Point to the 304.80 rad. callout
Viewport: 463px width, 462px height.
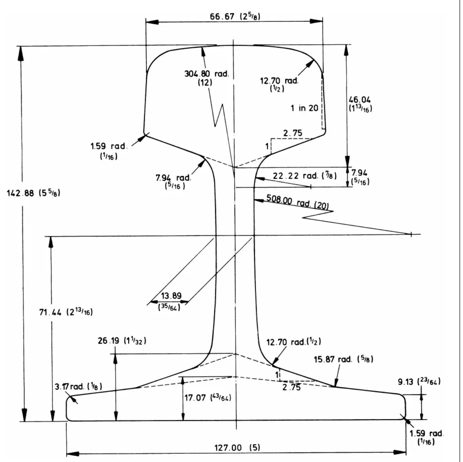pyautogui.click(x=206, y=74)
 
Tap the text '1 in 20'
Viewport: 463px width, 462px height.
pyautogui.click(x=304, y=108)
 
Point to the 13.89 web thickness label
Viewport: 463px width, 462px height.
pyautogui.click(x=171, y=296)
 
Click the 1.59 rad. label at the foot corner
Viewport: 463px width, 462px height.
pyautogui.click(x=426, y=433)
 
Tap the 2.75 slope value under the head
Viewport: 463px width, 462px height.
pyautogui.click(x=292, y=133)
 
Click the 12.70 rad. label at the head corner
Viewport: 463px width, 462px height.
pyautogui.click(x=279, y=81)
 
